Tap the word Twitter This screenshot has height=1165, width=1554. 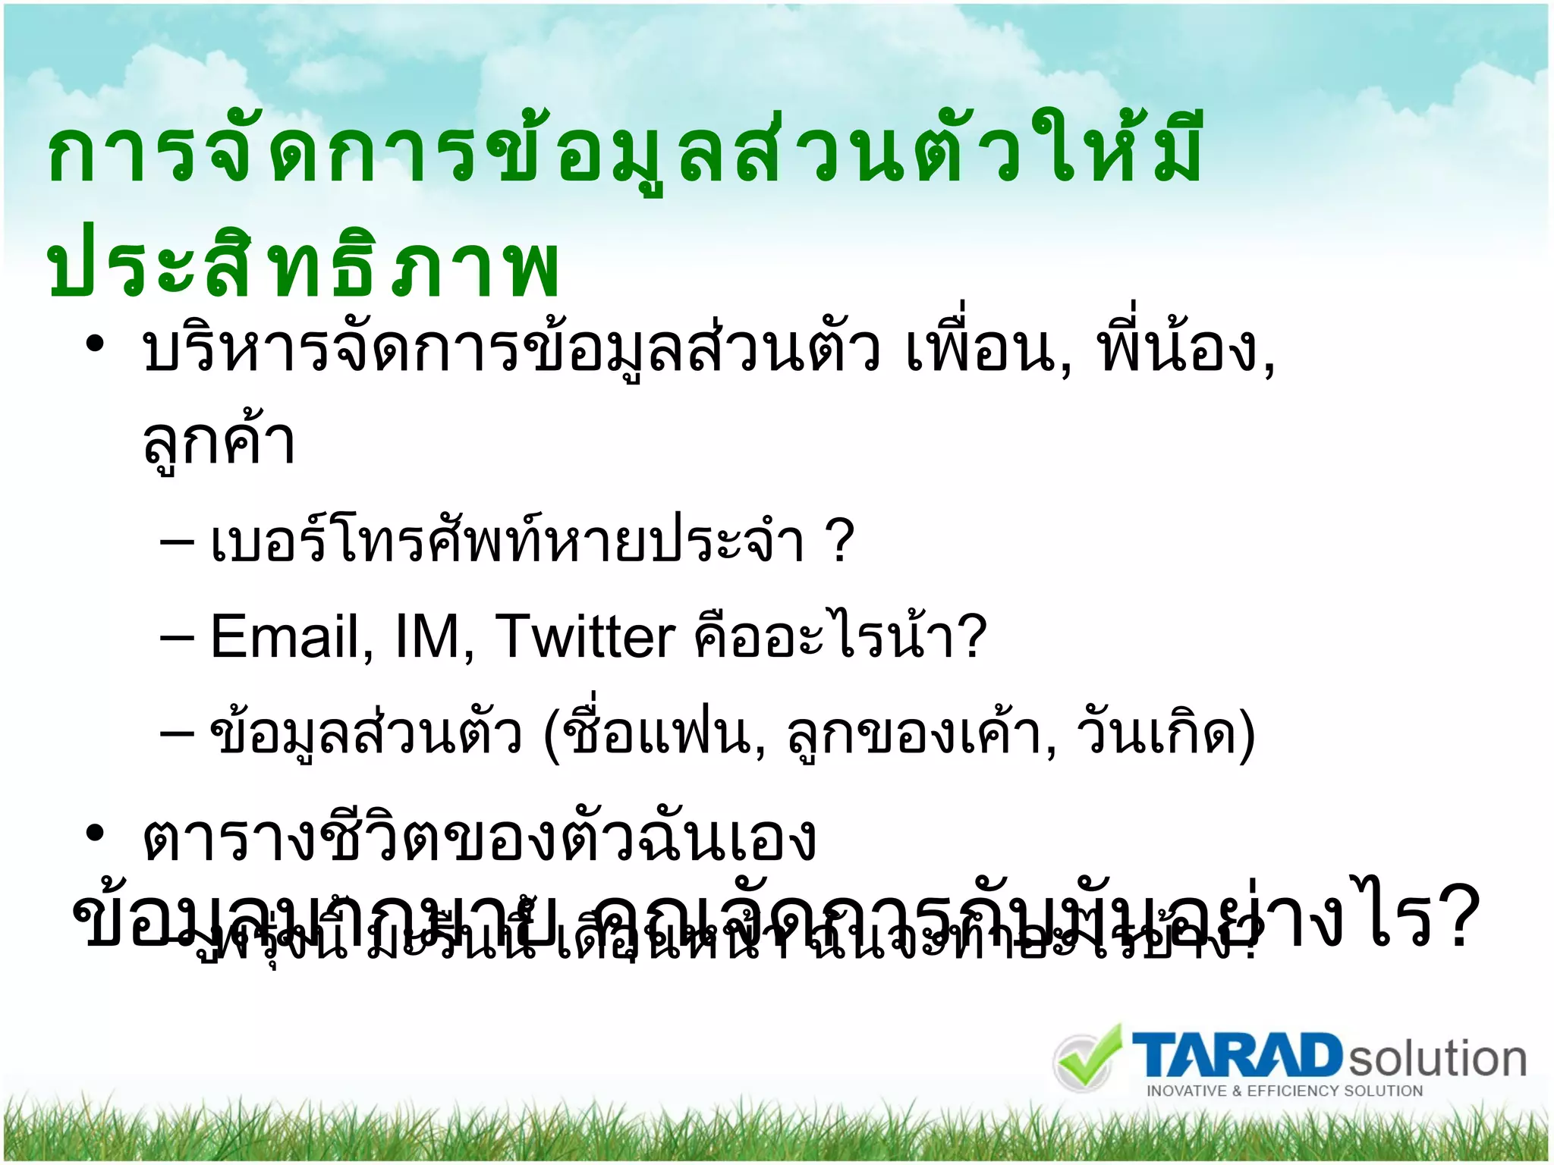584,637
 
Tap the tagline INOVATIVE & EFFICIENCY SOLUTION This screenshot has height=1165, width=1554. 1284,1091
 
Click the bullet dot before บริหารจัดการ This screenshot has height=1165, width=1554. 94,345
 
